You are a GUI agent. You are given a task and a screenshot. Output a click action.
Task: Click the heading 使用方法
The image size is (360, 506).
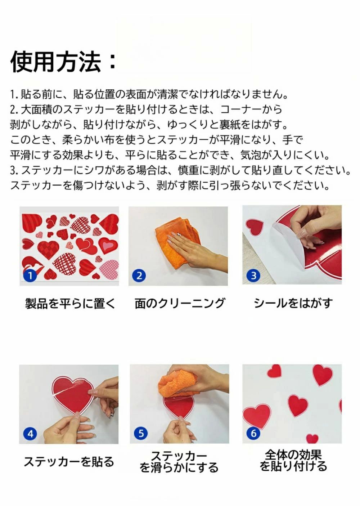[x=56, y=62]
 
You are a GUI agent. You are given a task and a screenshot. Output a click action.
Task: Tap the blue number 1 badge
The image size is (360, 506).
[x=30, y=276]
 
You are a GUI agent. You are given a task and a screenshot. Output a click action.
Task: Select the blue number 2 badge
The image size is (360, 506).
[x=139, y=276]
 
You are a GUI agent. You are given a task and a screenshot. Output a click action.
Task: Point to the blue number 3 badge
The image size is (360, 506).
[x=254, y=276]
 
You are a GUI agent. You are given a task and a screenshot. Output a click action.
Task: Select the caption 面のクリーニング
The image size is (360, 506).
[x=180, y=303]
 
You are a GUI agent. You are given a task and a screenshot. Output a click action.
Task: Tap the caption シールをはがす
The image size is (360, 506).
[x=293, y=303]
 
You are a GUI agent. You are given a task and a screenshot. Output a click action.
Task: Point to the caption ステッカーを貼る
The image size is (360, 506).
[x=69, y=461]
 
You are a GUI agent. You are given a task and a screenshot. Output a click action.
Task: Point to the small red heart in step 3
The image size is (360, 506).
[x=255, y=227]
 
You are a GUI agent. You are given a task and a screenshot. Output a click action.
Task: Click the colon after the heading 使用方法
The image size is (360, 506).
[x=112, y=62]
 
